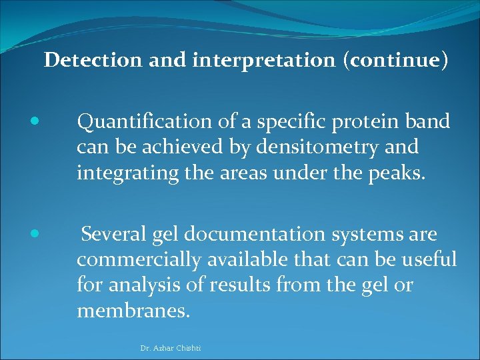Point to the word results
(240, 285)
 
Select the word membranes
(133, 310)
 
